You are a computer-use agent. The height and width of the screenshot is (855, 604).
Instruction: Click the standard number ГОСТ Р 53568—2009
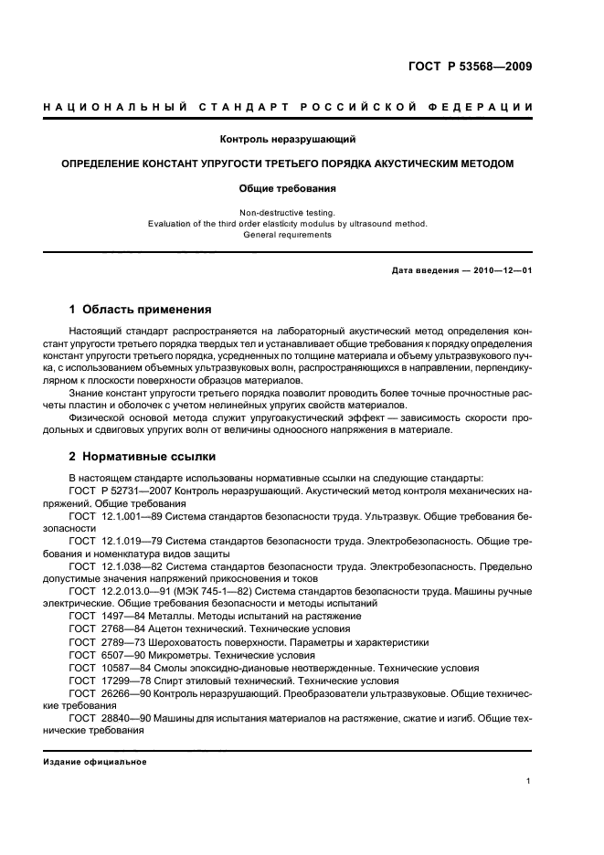(x=470, y=67)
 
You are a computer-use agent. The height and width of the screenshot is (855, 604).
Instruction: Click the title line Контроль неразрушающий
(x=287, y=140)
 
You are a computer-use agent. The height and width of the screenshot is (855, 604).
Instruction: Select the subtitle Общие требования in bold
(x=287, y=188)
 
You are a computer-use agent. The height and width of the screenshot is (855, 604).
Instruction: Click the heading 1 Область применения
(x=141, y=309)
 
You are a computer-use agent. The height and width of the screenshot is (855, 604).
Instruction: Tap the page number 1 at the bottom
(x=529, y=781)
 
